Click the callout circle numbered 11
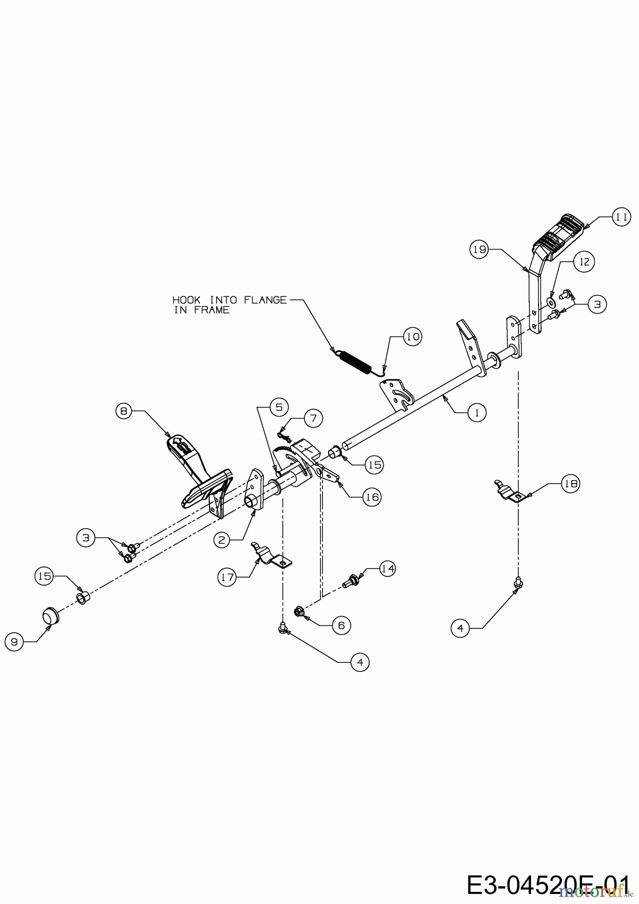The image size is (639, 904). click(x=621, y=217)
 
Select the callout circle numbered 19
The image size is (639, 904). click(x=480, y=250)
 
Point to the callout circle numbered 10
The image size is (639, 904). click(x=412, y=336)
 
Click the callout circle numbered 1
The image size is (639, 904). click(x=477, y=412)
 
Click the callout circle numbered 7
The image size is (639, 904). click(x=313, y=418)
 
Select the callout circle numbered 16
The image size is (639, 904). click(x=372, y=497)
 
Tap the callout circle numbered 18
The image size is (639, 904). click(x=571, y=484)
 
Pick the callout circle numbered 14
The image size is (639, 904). click(x=386, y=569)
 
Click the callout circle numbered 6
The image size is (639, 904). click(x=341, y=625)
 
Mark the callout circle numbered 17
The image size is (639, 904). click(x=228, y=577)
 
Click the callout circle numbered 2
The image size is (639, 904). click(x=223, y=540)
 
